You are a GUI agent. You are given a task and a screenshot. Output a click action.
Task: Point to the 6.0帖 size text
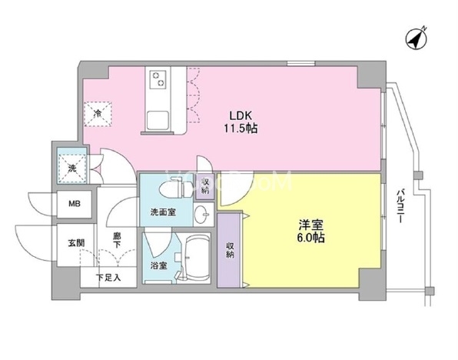click(x=311, y=238)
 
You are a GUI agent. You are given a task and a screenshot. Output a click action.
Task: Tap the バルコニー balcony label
click(x=400, y=206)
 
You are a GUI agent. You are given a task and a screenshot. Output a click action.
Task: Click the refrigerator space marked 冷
click(x=99, y=114)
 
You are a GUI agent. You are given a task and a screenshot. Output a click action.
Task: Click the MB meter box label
click(x=74, y=204)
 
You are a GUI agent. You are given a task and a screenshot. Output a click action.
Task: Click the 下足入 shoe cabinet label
click(x=108, y=278)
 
